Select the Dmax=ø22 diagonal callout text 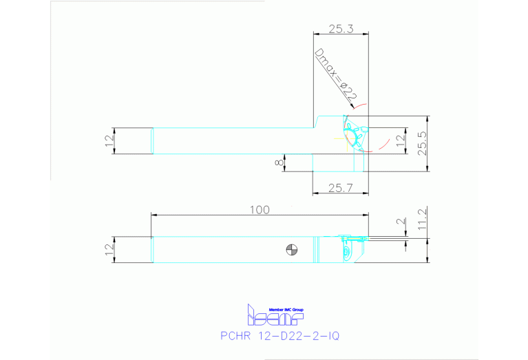[x=335, y=76]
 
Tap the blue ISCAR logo [x=275, y=316]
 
